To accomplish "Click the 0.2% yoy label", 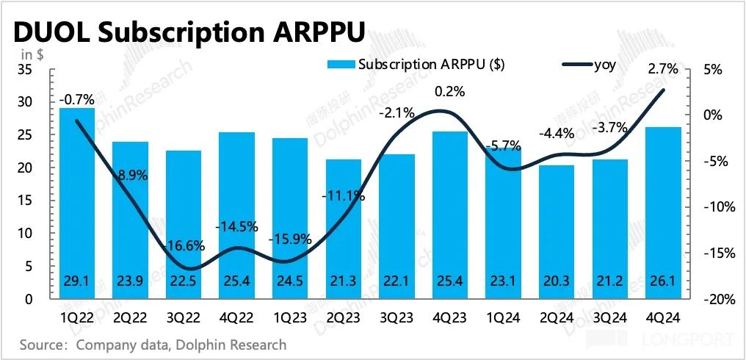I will coord(449,92).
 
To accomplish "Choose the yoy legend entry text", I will coord(604,64).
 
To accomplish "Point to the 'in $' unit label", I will coord(32,54).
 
